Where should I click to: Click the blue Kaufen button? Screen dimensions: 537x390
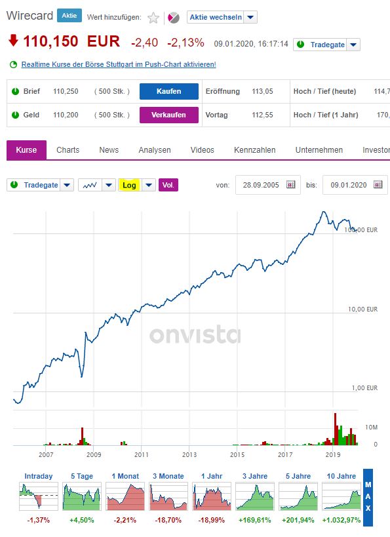point(168,91)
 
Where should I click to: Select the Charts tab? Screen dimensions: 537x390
point(68,150)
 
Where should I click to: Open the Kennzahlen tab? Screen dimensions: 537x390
point(254,150)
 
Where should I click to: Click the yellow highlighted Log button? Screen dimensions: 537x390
point(129,185)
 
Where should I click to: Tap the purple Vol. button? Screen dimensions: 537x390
point(168,185)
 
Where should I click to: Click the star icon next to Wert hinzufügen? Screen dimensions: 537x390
point(153,18)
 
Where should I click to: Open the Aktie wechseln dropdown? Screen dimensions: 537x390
point(222,17)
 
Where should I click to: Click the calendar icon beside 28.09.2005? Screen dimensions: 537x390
point(291,185)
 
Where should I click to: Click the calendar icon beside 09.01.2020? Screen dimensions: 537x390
point(378,185)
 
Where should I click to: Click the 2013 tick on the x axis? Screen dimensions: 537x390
point(189,454)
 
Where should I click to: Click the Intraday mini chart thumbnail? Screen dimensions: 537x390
point(38,496)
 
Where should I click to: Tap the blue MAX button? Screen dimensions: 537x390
point(368,497)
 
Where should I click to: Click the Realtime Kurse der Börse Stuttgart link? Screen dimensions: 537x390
point(118,64)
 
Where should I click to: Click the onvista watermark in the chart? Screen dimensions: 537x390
point(195,335)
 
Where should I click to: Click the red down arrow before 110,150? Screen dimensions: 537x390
point(12,41)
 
